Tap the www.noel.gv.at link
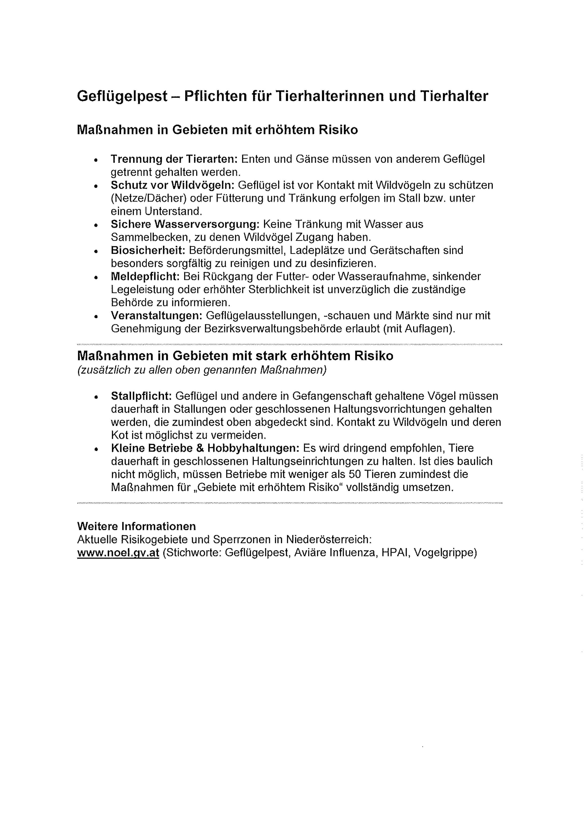coord(118,552)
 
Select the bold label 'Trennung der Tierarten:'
coord(173,159)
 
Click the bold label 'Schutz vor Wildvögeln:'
coord(172,185)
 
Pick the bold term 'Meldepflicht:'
coord(145,276)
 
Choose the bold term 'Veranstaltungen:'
coord(157,315)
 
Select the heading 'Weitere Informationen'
coord(136,526)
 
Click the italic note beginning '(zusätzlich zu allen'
coord(202,370)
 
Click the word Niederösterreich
coord(329,540)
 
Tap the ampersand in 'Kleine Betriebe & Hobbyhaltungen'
coord(200,448)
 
